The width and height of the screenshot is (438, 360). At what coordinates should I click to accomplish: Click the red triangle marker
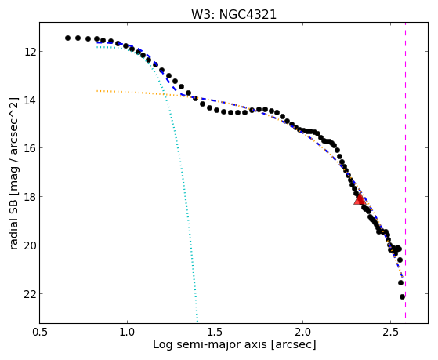pos(360,199)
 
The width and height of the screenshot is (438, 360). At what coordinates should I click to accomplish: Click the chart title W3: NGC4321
pos(233,14)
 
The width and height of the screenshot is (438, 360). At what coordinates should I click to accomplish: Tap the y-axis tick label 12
pos(30,52)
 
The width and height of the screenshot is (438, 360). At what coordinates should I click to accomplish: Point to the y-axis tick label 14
pos(30,100)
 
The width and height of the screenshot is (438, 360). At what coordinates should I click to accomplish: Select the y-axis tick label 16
pos(30,148)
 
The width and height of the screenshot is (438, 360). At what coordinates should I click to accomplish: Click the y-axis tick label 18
pos(30,197)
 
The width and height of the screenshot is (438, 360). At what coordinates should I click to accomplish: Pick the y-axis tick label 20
pos(30,245)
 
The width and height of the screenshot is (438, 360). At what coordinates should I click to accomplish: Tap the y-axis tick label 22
pos(30,293)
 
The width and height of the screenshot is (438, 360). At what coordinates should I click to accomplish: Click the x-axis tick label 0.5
pos(39,332)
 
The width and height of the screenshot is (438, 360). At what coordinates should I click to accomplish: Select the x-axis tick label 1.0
pos(127,332)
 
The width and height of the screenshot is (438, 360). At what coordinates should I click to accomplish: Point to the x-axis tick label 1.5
pos(215,332)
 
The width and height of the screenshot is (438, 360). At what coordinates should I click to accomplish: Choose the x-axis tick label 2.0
pos(302,332)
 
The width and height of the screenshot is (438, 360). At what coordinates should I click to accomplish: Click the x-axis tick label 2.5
pos(390,332)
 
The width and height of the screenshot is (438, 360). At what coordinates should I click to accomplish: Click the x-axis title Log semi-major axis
pos(209,345)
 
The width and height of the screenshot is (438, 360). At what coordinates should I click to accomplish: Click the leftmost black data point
pos(67,38)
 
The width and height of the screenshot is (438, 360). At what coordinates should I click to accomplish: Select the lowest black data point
pos(402,296)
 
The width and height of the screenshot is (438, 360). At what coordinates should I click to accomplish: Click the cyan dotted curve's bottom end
pos(197,322)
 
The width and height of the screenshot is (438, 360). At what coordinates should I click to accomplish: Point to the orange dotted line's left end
pos(97,91)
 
